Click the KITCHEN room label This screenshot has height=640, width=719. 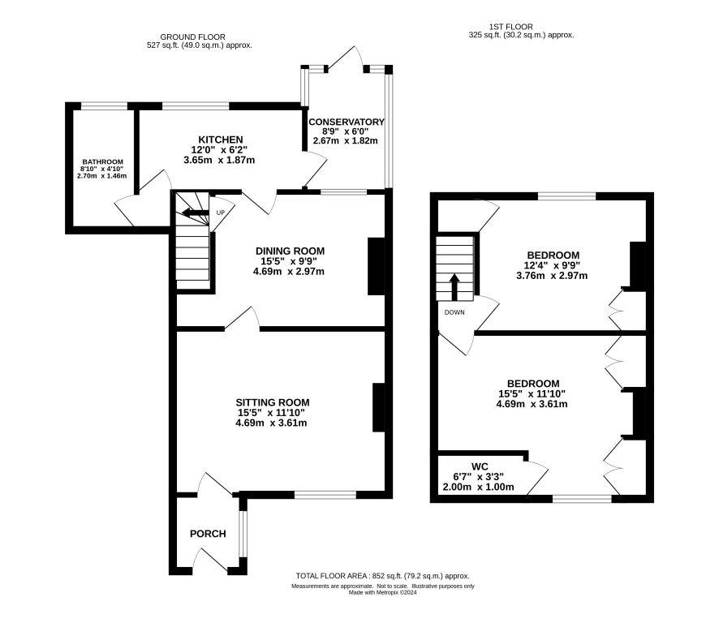220,140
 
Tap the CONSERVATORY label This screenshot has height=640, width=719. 347,122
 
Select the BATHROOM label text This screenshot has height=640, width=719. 103,162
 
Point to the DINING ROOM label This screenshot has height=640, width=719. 290,251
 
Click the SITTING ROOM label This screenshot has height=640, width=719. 273,402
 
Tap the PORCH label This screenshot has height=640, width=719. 208,534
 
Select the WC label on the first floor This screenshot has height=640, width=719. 480,466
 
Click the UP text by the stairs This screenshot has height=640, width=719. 221,213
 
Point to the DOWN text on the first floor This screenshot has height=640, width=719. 454,312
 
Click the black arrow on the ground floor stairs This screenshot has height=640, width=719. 195,213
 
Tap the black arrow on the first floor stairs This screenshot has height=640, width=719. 454,287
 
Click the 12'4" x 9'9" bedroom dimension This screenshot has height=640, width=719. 552,265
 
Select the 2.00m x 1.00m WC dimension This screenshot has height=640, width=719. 478,487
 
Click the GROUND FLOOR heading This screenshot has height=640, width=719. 192,37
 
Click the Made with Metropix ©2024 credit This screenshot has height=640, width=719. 383,592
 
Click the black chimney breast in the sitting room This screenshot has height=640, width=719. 379,407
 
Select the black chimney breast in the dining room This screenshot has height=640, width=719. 377,266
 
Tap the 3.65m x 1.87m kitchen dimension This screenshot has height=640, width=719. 219,160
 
